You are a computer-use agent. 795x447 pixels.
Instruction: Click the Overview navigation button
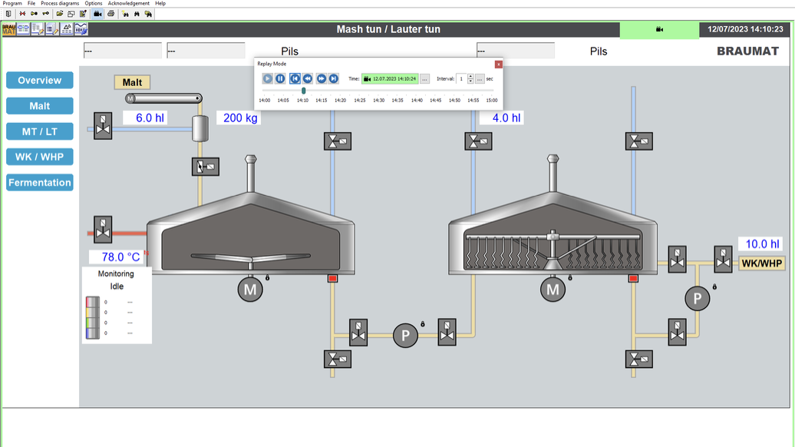40,81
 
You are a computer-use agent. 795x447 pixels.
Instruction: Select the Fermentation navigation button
40,183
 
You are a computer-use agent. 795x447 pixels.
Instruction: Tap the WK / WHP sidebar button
40,157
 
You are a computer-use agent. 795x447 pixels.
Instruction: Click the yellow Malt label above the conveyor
132,82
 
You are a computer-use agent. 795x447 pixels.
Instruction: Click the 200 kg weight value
240,118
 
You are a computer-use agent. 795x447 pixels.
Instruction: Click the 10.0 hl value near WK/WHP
761,244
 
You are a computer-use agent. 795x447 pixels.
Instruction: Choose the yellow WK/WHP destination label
761,263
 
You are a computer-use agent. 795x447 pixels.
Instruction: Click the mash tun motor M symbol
250,290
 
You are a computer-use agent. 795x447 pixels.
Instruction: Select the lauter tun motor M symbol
553,290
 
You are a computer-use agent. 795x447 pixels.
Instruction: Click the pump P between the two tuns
405,335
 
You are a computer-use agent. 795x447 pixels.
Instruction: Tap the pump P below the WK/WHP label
697,299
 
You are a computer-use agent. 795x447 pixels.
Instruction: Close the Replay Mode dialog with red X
498,65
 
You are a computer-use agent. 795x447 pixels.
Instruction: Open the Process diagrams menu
60,4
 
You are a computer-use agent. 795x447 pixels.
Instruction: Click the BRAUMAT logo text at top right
747,51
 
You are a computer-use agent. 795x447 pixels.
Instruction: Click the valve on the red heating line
103,230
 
